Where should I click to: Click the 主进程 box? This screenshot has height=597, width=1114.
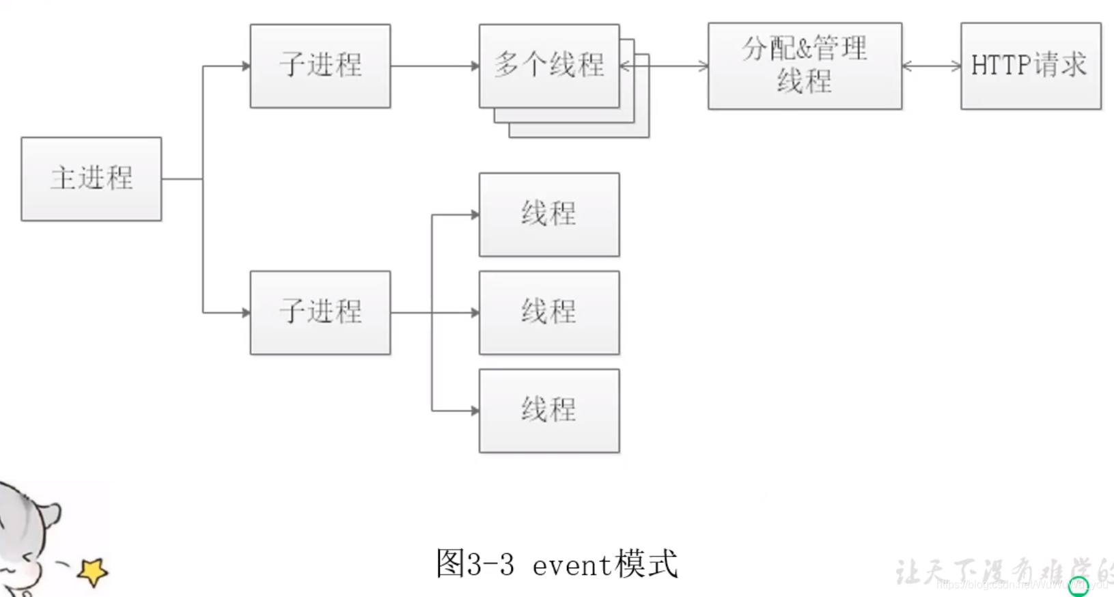click(92, 179)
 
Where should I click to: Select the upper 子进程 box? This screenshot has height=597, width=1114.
click(320, 66)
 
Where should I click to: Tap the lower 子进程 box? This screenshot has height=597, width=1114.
click(320, 313)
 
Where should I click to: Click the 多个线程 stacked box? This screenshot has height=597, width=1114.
click(549, 66)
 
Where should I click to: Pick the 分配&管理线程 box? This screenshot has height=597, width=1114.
click(805, 66)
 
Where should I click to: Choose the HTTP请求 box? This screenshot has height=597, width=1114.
click(1031, 66)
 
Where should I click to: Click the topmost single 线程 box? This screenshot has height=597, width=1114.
click(549, 214)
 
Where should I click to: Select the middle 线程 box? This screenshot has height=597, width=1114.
click(549, 313)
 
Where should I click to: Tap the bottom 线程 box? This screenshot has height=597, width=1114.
click(549, 411)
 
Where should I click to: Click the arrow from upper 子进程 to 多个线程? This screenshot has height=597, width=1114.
click(434, 66)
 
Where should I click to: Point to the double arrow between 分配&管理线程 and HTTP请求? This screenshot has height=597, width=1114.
click(931, 66)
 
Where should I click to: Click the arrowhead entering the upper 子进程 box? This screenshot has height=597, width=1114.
click(246, 66)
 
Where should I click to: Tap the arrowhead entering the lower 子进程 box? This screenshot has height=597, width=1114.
click(246, 313)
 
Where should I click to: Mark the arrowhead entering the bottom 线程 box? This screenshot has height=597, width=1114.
click(475, 411)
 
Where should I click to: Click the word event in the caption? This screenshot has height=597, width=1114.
click(571, 566)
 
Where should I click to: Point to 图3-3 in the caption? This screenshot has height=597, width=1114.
click(475, 564)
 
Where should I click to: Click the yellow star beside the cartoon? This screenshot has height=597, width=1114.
click(93, 571)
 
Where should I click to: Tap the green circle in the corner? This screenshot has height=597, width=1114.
click(1078, 586)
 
